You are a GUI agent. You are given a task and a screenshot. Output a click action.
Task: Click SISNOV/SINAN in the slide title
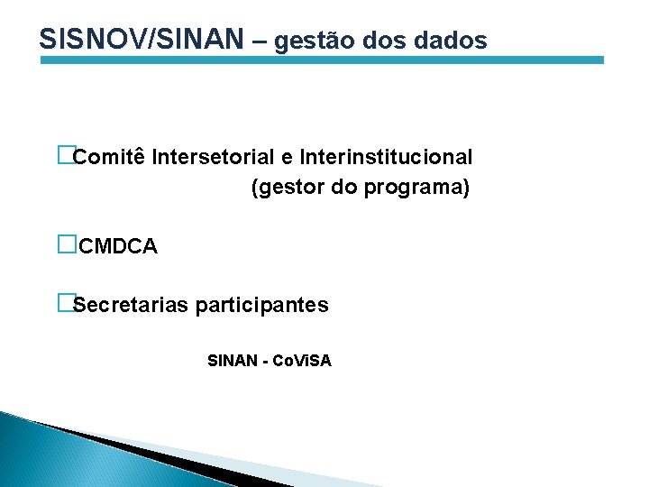tap(142, 39)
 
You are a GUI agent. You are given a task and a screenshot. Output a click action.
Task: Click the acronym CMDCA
tap(118, 246)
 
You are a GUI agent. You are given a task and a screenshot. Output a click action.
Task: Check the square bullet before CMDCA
tap(65, 244)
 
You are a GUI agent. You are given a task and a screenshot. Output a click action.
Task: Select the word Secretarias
tap(131, 305)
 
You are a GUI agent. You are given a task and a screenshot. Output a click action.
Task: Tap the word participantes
tap(261, 305)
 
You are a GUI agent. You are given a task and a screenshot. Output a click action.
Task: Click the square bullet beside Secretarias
tap(64, 303)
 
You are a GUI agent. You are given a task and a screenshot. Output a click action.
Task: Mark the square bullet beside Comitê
tap(64, 156)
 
